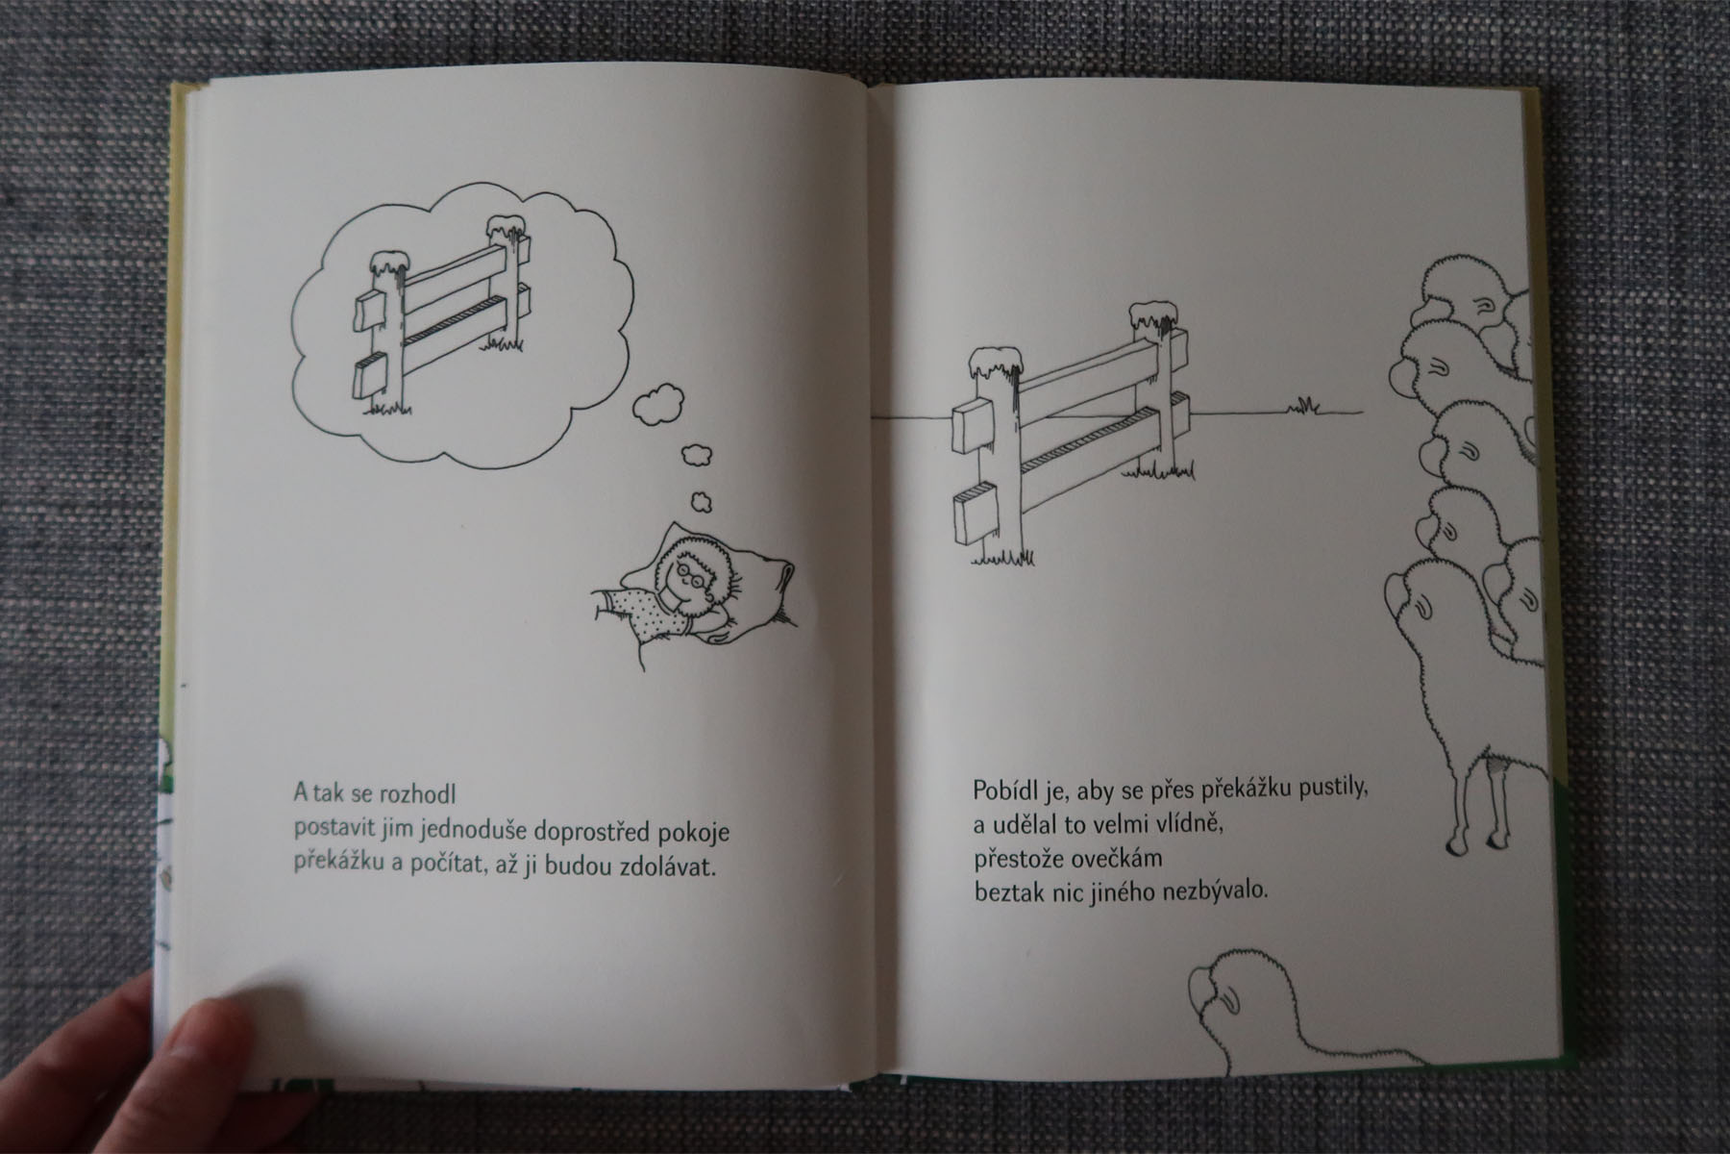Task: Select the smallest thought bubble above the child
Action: (702, 501)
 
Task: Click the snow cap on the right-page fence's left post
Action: (997, 363)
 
